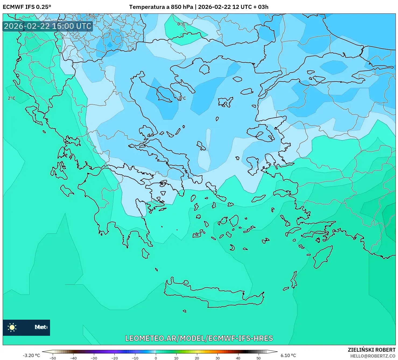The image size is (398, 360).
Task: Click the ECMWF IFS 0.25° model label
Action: coord(27,7)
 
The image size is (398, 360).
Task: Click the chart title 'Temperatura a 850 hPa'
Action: coord(161,7)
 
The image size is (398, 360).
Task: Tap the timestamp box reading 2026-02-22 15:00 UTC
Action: coord(48,26)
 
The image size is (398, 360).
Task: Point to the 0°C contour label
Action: coord(181,24)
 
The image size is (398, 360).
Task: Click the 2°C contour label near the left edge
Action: coord(12,98)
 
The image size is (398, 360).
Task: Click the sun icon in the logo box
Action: coord(12,327)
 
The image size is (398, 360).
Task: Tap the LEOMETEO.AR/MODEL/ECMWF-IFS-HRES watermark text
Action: coord(199,338)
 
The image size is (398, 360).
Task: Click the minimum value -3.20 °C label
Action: coord(31,355)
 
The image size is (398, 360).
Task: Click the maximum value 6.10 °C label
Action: coord(288,355)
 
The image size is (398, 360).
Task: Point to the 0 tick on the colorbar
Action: coord(156,358)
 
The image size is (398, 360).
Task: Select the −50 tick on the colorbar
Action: coord(53,358)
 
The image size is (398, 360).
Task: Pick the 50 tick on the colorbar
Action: coord(259,358)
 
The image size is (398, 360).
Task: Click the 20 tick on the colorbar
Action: coord(197,358)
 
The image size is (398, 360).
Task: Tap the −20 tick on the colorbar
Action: coord(114,358)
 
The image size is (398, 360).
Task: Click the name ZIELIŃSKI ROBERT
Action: coord(372,350)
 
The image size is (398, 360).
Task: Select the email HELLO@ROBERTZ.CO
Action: coord(373,356)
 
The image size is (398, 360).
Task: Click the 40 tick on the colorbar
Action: coord(238,358)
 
